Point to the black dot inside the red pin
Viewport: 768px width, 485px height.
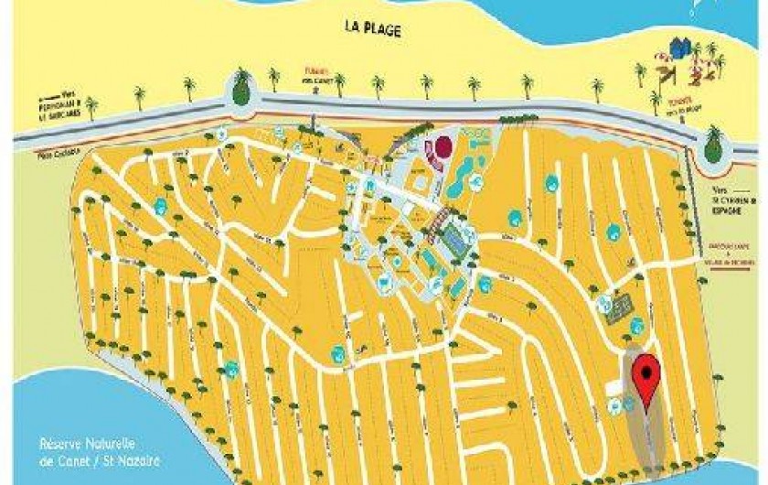(648, 371)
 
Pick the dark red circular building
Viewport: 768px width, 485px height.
(443, 146)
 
